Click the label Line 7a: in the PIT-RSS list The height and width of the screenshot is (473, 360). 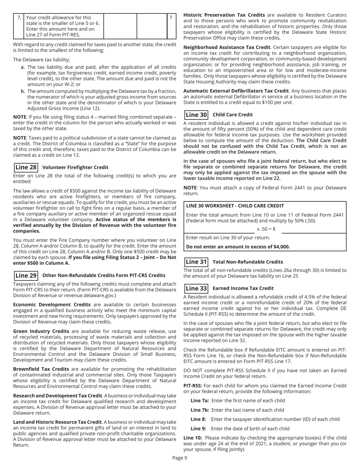click(199, 401)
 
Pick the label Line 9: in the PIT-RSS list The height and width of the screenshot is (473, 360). click(197, 429)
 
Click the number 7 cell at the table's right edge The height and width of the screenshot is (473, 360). click(171, 17)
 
